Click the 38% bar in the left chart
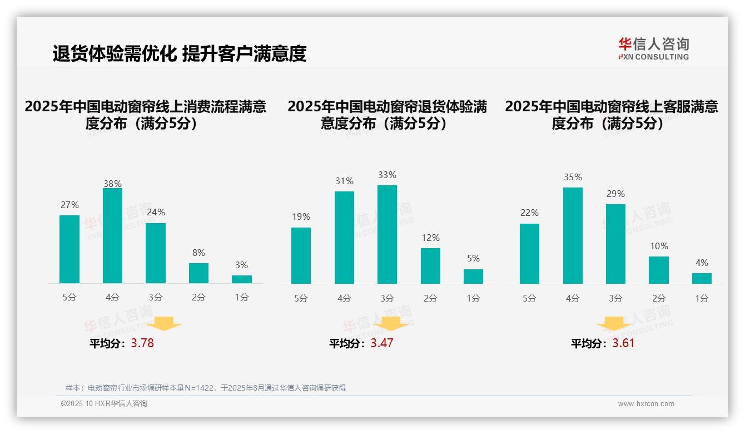click(112, 236)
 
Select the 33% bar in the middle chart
click(387, 235)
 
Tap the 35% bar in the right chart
click(573, 236)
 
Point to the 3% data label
click(241, 265)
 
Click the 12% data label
click(430, 238)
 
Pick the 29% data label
click(615, 194)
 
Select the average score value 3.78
click(142, 343)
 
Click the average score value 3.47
click(382, 343)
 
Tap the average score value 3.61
click(623, 343)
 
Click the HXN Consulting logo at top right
click(653, 49)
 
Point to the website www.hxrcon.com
click(646, 404)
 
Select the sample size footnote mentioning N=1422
click(206, 388)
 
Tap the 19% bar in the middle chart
click(301, 256)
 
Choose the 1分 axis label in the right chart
click(702, 299)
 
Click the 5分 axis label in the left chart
click(69, 298)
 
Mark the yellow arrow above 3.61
click(614, 324)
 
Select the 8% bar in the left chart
click(198, 273)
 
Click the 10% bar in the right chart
click(659, 270)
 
